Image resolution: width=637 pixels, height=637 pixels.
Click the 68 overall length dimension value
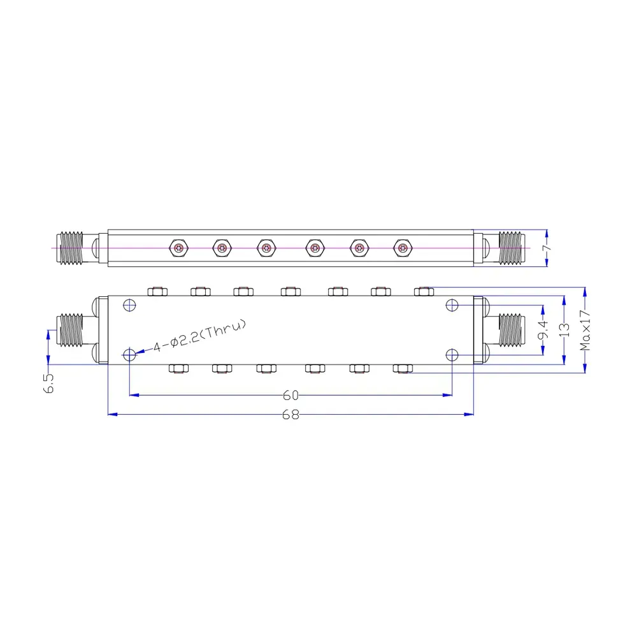point(290,415)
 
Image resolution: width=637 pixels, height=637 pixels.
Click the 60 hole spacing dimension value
point(290,395)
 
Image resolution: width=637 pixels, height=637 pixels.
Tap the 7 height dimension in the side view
point(547,248)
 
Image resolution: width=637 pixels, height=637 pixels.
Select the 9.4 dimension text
point(543,329)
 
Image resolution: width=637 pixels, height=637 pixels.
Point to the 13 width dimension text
point(564,330)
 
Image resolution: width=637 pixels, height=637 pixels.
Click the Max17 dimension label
point(585,330)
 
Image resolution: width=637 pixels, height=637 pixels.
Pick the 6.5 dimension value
point(48,383)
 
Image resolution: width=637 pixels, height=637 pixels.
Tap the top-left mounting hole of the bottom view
point(129,305)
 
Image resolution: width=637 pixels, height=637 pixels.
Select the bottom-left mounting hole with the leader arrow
point(129,355)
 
